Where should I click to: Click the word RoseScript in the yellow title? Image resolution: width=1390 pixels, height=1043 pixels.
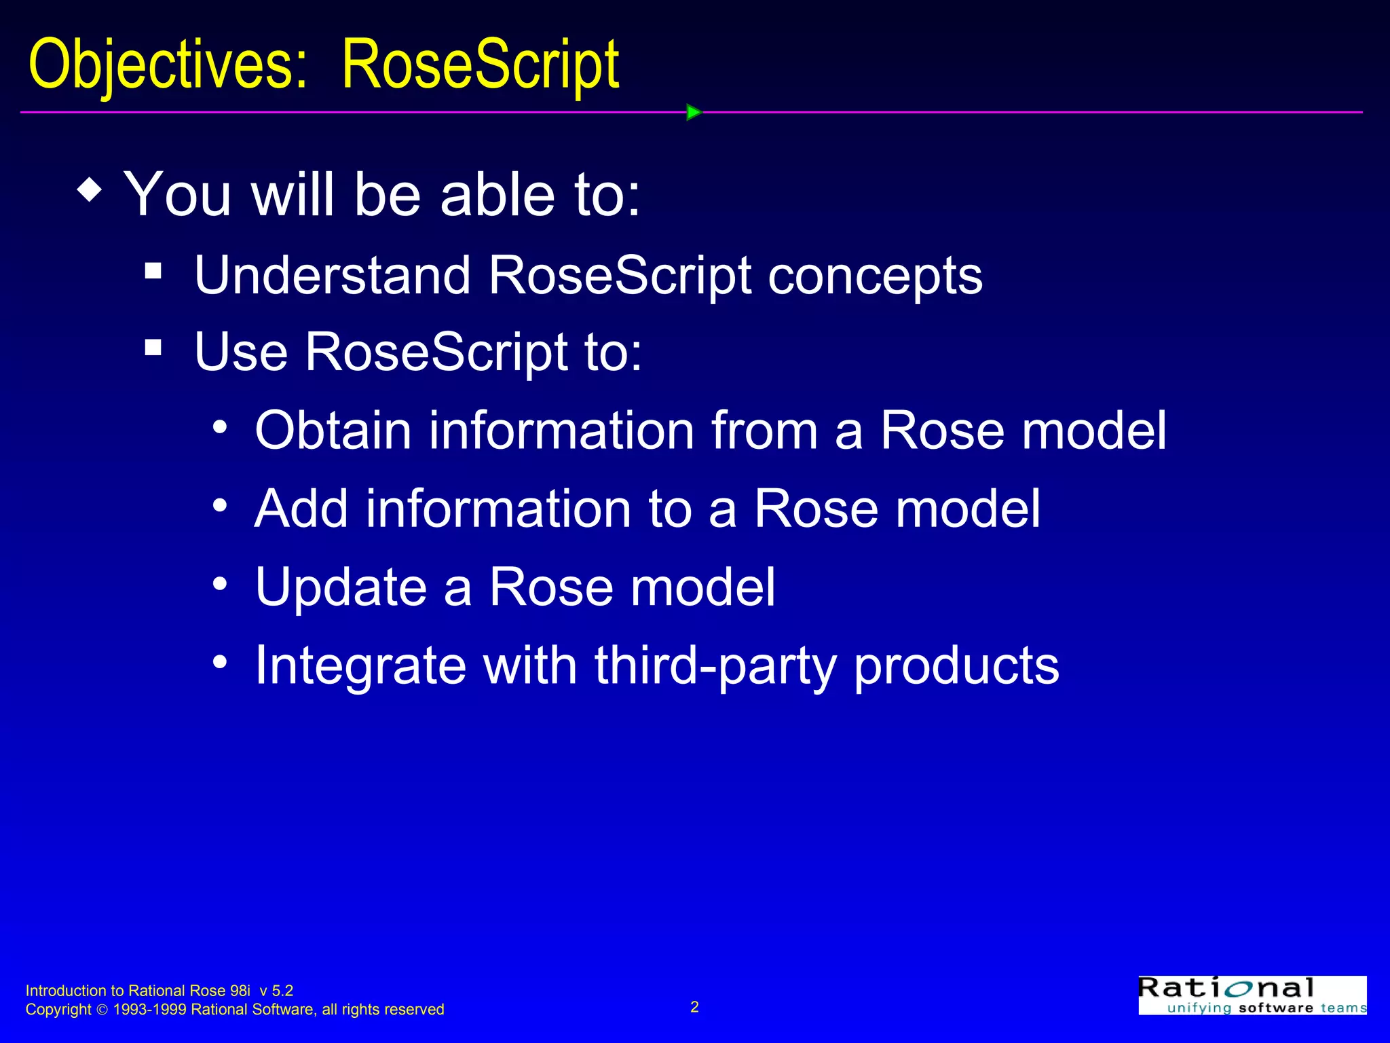click(x=480, y=65)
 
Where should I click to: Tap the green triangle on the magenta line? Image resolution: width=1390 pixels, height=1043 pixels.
click(x=693, y=112)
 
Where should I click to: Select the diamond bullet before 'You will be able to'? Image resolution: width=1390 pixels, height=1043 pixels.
click(x=90, y=190)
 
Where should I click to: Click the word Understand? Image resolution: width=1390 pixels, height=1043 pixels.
click(x=332, y=276)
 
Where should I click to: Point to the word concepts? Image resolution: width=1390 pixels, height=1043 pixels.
click(x=875, y=276)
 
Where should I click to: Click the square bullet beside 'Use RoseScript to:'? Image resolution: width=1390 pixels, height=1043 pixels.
click(x=153, y=348)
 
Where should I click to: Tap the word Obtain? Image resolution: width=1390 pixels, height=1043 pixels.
click(x=333, y=431)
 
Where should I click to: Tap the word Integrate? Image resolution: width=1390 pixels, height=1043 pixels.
click(x=360, y=665)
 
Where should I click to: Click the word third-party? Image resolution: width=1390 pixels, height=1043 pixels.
click(x=715, y=665)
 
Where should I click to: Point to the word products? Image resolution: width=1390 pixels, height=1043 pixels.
click(x=956, y=665)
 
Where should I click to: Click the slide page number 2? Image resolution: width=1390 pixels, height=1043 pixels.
click(x=694, y=1007)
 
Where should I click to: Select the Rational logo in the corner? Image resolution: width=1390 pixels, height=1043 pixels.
click(x=1252, y=995)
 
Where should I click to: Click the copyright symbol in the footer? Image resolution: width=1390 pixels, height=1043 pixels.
click(x=102, y=1010)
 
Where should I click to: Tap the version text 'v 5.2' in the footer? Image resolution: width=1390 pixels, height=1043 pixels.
click(x=276, y=991)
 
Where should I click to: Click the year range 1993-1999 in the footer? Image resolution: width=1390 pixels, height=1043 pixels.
click(x=149, y=1010)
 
